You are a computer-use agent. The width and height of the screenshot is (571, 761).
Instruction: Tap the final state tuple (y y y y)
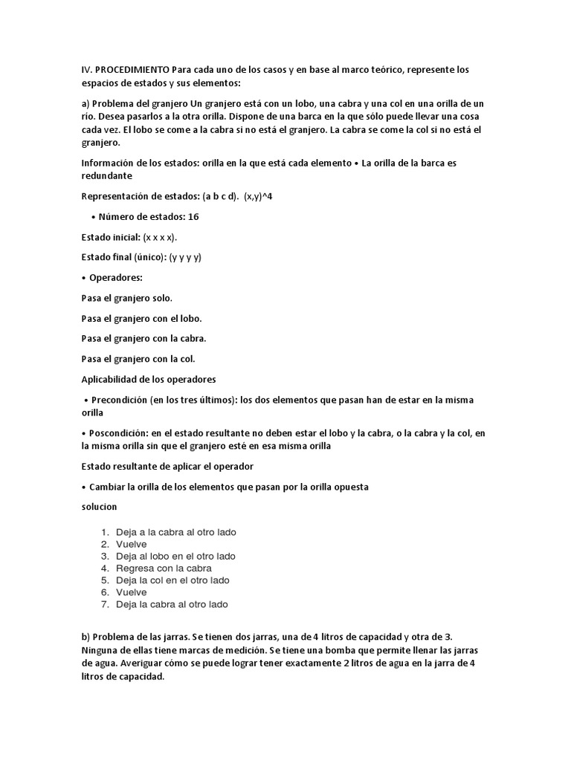pyautogui.click(x=185, y=257)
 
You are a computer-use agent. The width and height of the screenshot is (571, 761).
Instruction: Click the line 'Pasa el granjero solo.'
pyautogui.click(x=126, y=298)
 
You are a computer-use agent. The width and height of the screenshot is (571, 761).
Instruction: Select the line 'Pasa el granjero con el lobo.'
pyautogui.click(x=141, y=318)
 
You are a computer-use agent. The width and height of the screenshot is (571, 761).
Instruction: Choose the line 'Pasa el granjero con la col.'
pyautogui.click(x=138, y=359)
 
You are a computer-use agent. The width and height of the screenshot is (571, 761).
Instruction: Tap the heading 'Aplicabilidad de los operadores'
pyautogui.click(x=148, y=379)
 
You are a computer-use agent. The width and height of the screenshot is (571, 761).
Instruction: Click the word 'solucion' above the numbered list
pyautogui.click(x=99, y=506)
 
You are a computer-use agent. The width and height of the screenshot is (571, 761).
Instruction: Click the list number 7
pyautogui.click(x=105, y=604)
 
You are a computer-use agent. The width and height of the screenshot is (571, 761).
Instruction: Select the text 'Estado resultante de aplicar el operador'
pyautogui.click(x=167, y=466)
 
